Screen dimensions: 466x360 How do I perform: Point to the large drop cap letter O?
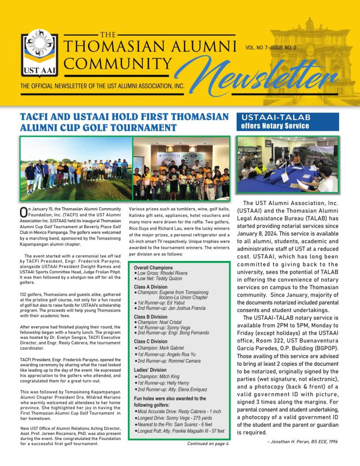pos(24,212)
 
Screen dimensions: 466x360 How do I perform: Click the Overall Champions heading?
pos(153,267)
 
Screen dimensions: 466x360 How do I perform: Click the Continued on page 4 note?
pos(208,443)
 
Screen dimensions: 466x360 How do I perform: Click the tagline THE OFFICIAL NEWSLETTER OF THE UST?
pos(102,86)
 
